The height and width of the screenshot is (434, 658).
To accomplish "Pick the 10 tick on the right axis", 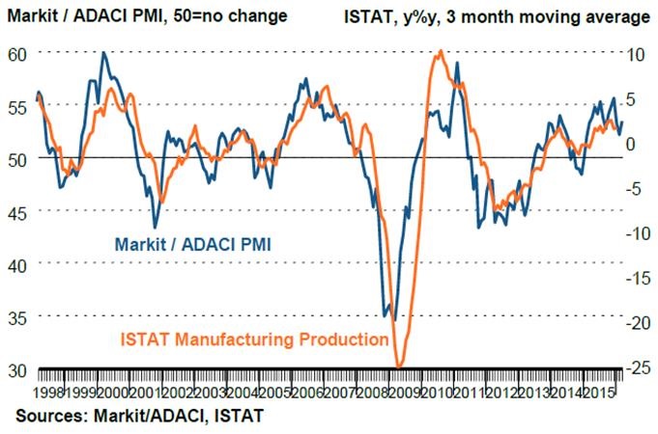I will pos(634,54).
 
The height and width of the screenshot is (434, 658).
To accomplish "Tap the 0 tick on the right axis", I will pos(633,144).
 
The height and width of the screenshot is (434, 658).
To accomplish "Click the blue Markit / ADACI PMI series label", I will pos(191,244).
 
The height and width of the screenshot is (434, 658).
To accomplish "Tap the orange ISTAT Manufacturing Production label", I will pos(255,340).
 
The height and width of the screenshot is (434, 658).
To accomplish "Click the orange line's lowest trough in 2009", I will pos(398,367).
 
